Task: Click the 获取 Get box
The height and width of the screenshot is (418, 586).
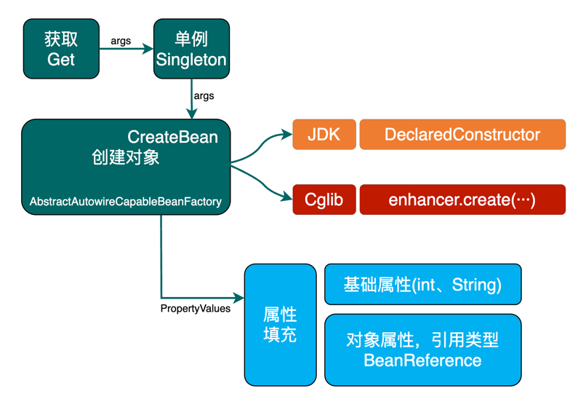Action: coord(61,49)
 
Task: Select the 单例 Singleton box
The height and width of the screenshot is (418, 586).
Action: coord(191,49)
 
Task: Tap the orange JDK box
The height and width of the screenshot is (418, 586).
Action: coord(324,135)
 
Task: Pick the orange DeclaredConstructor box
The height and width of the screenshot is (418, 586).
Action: coord(462,135)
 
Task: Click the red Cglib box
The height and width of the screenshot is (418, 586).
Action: coord(324,200)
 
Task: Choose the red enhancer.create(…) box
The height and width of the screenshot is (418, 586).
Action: coord(462,200)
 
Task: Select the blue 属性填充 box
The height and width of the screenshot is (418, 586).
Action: coord(280,325)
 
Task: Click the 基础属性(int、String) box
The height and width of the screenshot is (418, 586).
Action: coord(422,284)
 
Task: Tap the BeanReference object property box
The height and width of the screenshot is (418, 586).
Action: coord(422,350)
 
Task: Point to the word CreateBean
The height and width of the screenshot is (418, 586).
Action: coord(172,137)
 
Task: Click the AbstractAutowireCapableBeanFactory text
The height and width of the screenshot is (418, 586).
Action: coord(126,201)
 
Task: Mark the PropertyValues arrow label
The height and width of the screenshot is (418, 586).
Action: coord(195,309)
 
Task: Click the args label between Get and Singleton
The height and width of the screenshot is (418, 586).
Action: coord(121,41)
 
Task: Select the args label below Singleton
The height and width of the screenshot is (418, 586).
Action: coord(204,96)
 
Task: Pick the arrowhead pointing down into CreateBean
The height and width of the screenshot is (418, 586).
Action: coord(192,113)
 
